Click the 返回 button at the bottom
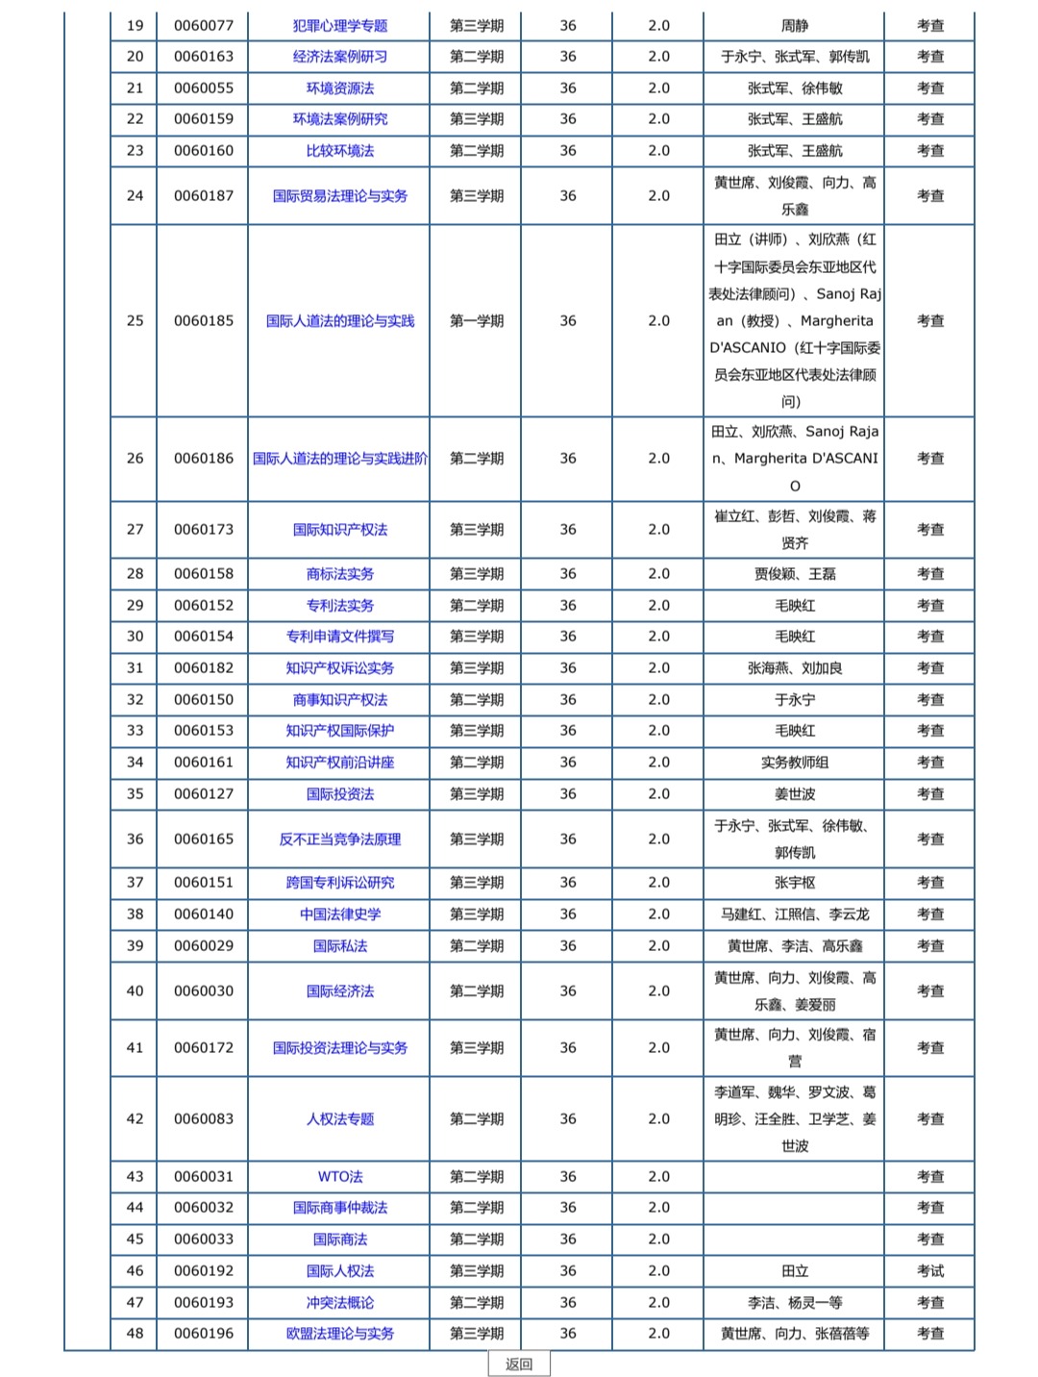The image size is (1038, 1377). click(518, 1364)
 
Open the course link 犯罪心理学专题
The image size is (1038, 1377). click(339, 26)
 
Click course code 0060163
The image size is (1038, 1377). click(203, 57)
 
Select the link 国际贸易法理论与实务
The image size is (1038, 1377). click(339, 196)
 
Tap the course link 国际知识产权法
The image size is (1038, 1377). click(339, 530)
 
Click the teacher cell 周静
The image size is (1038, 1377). click(794, 26)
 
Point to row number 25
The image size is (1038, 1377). click(135, 321)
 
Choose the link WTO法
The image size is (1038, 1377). click(339, 1177)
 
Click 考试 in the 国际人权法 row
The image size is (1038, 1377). click(929, 1271)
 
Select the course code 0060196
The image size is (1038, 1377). click(203, 1334)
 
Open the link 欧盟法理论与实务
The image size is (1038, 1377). click(339, 1334)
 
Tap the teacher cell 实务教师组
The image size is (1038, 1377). click(794, 763)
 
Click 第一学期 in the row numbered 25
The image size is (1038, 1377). click(476, 321)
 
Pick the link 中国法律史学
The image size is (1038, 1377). click(339, 914)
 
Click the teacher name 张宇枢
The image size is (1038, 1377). click(794, 883)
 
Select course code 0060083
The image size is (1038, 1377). click(203, 1119)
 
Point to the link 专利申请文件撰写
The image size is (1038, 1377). click(339, 637)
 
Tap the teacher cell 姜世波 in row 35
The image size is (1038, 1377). click(794, 794)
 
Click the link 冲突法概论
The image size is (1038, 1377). click(339, 1303)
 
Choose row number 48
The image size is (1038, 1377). click(135, 1334)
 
